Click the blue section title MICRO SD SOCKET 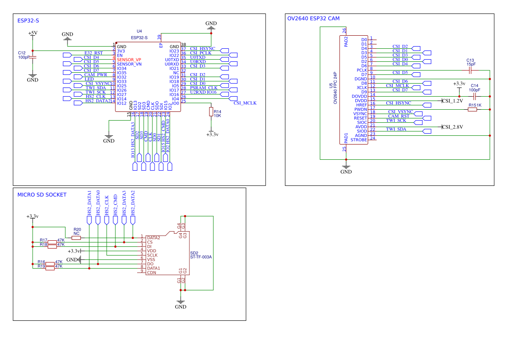pos(42,195)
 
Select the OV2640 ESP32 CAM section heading pos(313,19)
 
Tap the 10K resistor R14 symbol pos(211,112)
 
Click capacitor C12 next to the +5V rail pos(33,57)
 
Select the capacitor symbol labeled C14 pos(475,96)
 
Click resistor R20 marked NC pos(76,238)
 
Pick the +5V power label pos(33,33)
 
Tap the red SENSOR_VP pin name pos(129,60)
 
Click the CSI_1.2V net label pos(452,101)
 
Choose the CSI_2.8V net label pos(452,127)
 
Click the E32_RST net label pos(94,53)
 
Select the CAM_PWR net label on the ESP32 pos(96,75)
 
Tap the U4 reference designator pos(139,31)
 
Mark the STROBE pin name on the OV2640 pos(359,140)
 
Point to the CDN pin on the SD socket pos(152,273)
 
